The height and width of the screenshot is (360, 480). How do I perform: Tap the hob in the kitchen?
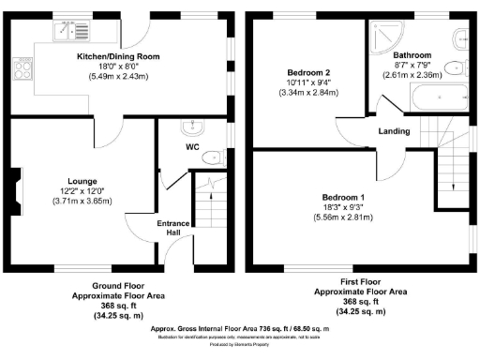[20, 67]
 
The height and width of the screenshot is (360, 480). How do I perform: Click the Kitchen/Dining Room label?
[118, 57]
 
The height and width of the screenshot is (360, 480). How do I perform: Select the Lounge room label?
[82, 181]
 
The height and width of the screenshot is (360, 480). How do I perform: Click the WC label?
[191, 148]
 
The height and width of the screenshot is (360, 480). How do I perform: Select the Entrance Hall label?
[174, 229]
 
